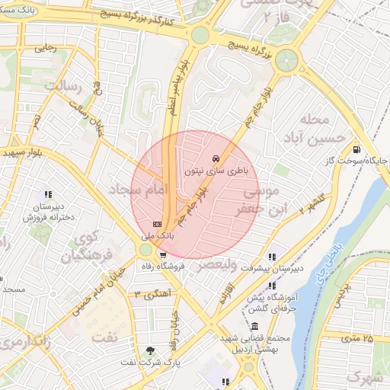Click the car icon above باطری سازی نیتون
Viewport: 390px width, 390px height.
point(216,158)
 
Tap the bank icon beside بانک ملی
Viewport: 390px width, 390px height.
point(157,224)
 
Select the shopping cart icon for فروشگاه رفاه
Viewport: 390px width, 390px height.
point(162,254)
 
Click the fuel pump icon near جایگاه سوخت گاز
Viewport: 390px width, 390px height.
point(357,149)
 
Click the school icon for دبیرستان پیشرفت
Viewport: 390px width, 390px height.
point(272,256)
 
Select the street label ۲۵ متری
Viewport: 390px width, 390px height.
point(358,337)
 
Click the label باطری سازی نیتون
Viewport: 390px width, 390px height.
point(216,171)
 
